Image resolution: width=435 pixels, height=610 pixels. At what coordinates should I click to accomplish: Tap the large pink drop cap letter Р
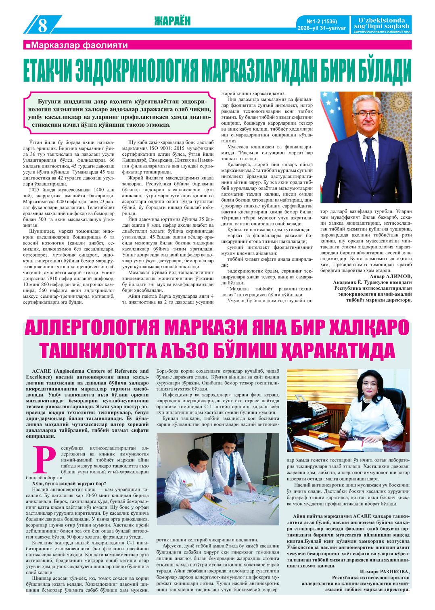tap(45, 460)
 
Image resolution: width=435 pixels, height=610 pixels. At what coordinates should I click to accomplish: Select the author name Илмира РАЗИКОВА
tap(385, 571)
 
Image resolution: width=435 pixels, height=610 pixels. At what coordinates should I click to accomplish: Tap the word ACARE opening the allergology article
tap(44, 370)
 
